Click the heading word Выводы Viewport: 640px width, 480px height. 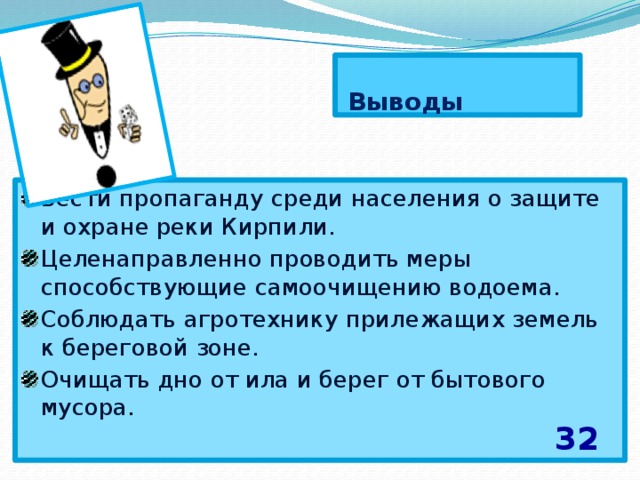[405, 103]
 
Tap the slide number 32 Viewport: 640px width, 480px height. [576, 438]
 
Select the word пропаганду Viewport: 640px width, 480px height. [163, 197]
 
